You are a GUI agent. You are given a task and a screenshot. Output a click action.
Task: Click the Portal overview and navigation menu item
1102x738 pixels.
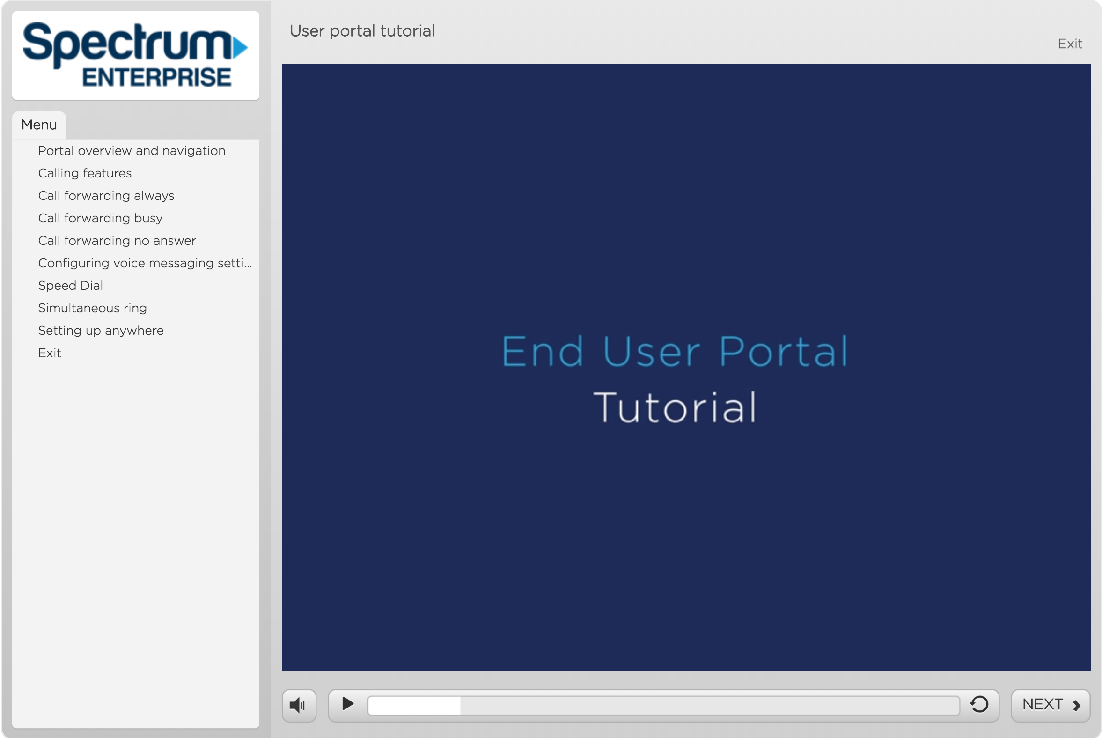132,151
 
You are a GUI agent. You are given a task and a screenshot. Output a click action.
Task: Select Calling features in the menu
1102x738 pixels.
85,173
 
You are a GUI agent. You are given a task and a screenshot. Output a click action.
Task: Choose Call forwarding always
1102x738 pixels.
106,196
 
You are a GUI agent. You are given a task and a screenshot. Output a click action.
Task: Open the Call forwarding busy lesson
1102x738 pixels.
100,218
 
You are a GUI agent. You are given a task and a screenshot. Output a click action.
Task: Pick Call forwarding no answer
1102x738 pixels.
117,241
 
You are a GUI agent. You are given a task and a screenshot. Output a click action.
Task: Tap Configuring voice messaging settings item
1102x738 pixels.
145,263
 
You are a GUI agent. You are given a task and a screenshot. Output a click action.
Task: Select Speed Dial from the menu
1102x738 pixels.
71,285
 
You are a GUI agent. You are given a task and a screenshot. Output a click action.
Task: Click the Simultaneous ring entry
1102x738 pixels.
92,308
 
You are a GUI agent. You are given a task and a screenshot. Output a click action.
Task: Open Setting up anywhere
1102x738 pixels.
101,331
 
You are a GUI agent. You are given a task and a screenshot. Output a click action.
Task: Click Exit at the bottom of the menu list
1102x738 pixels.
50,353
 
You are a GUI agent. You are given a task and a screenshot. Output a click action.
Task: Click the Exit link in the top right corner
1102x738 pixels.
1070,44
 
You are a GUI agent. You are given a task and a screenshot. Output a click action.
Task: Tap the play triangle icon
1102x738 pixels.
348,704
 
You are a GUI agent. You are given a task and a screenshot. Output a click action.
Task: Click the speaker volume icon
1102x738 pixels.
297,705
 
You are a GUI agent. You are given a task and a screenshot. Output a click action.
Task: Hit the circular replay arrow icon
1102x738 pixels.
979,704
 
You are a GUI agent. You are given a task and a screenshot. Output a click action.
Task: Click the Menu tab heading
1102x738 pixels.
39,125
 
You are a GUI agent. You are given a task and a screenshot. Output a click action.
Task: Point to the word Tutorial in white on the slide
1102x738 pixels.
675,407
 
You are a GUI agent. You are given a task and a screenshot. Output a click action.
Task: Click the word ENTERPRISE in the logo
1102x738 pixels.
157,77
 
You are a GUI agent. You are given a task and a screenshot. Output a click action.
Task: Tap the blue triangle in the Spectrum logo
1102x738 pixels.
240,47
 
